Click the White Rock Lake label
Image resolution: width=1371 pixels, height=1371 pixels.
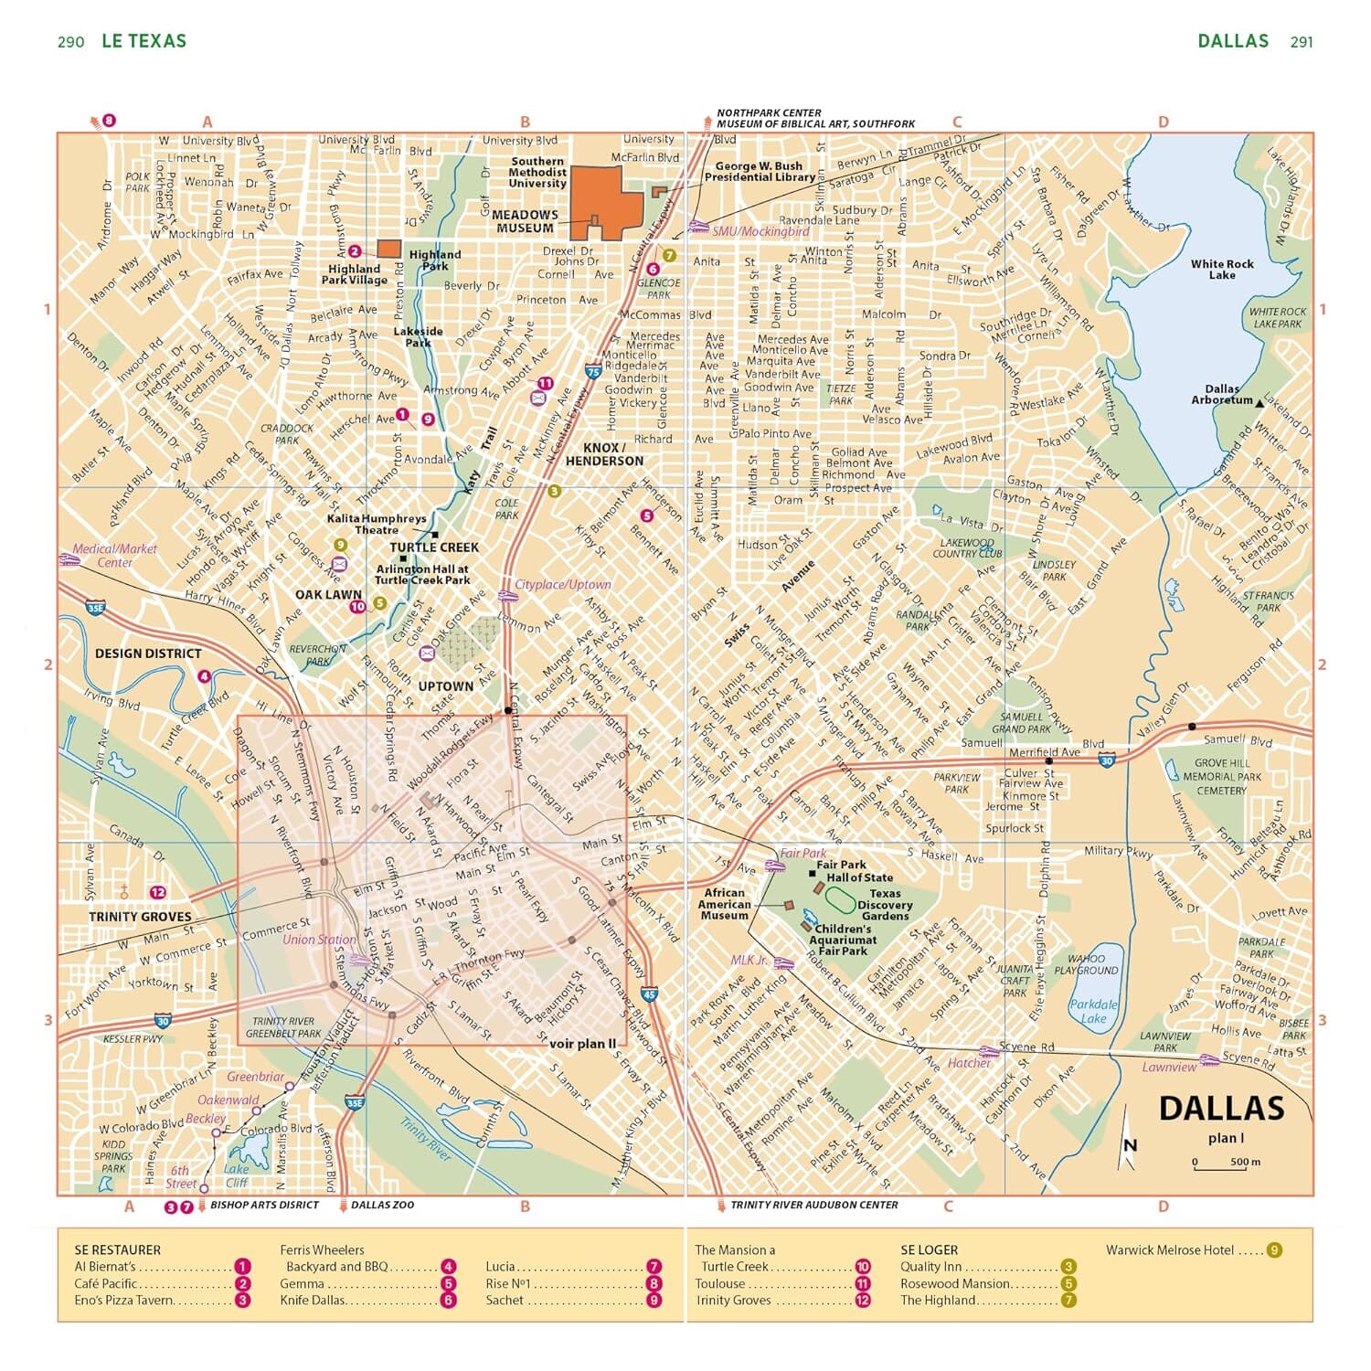click(x=1222, y=270)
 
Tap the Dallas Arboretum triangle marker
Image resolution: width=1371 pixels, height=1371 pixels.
click(x=1259, y=402)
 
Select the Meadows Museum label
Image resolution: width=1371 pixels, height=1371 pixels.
click(x=525, y=221)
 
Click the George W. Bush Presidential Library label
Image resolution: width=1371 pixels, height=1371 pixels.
click(x=759, y=172)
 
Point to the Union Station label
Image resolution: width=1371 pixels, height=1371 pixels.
click(x=319, y=940)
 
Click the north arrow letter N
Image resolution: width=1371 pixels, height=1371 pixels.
click(x=1131, y=1145)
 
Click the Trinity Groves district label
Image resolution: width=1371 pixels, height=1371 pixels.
click(x=140, y=917)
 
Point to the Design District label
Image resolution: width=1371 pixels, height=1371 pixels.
click(x=148, y=654)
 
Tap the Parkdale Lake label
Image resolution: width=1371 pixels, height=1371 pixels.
click(x=1094, y=1011)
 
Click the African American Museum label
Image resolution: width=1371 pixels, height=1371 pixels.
click(x=725, y=904)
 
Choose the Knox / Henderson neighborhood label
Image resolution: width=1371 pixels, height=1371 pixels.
click(x=604, y=454)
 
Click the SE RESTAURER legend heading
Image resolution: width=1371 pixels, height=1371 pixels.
click(x=117, y=1249)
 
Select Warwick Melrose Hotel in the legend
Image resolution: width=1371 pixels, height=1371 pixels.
click(x=1170, y=1249)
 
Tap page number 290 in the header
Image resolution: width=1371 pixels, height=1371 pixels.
click(x=70, y=42)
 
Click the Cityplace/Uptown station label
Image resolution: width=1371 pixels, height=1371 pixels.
click(x=563, y=584)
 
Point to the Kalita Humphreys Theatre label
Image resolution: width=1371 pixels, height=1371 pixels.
click(x=377, y=524)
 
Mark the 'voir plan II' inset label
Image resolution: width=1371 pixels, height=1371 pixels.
click(x=583, y=1043)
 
